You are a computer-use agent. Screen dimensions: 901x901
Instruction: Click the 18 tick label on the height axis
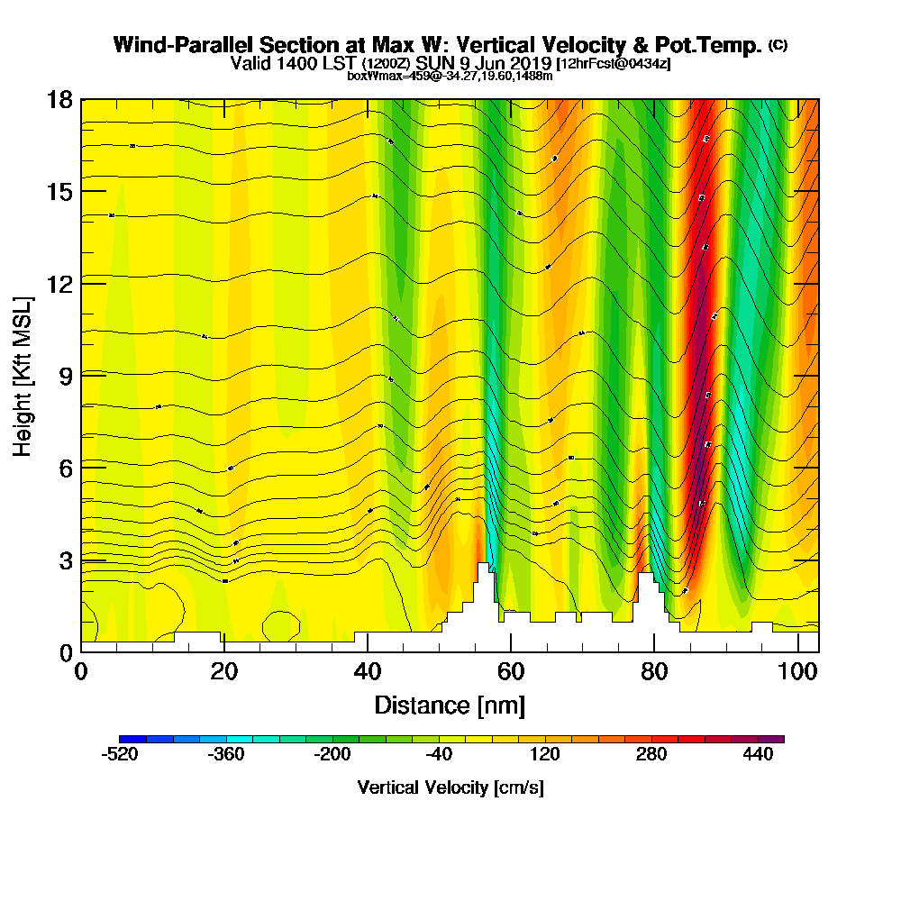(x=59, y=99)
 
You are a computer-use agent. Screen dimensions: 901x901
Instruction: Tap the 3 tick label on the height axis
(x=64, y=560)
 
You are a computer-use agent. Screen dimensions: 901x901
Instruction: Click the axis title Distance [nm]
(x=450, y=705)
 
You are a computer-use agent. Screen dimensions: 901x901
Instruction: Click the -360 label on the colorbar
(x=226, y=755)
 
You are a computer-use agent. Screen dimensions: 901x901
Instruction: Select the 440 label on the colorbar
(x=759, y=755)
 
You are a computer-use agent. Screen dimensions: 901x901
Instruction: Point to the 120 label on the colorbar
(x=545, y=755)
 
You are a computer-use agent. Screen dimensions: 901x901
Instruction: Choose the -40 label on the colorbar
(x=439, y=755)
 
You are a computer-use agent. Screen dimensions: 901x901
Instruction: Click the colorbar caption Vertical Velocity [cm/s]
(x=450, y=787)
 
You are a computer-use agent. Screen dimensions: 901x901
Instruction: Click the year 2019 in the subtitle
(x=531, y=63)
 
